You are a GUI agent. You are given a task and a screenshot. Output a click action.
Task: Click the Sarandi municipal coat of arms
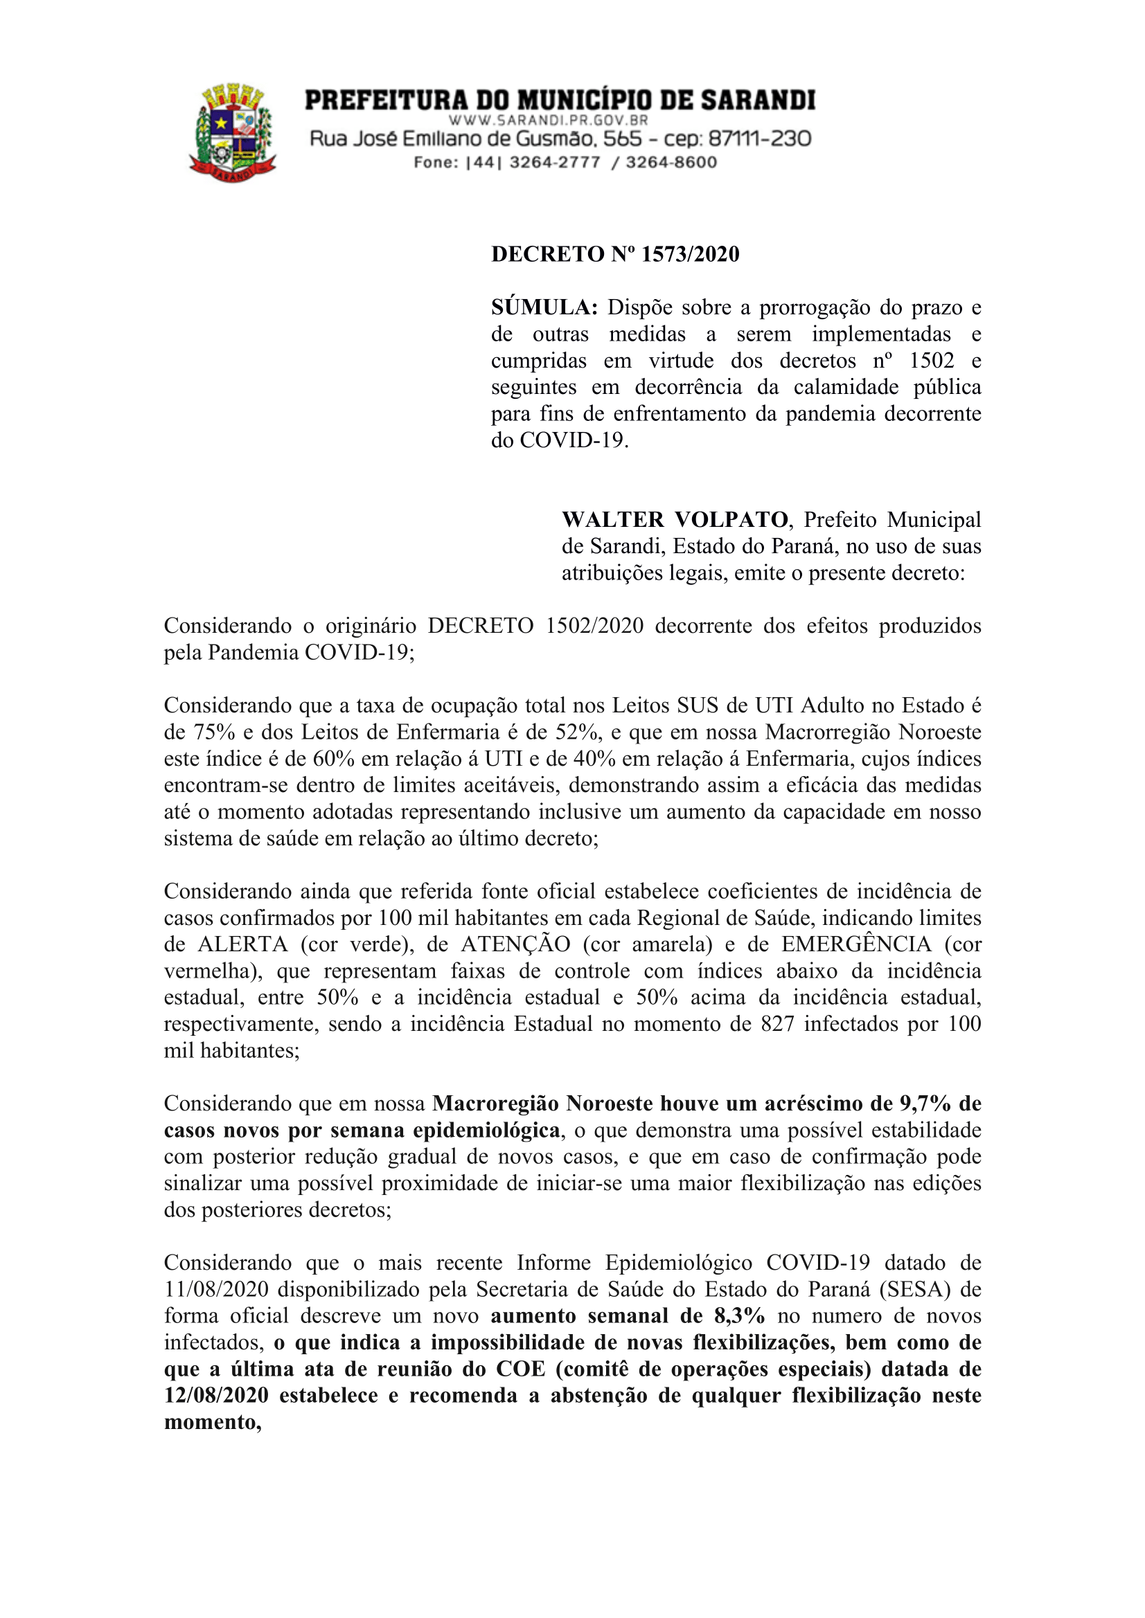[233, 132]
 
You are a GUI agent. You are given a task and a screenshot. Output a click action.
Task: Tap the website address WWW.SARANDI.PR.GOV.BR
[549, 120]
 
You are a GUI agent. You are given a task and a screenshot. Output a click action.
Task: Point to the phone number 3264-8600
[671, 163]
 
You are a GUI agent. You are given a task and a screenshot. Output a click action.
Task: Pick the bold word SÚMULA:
[544, 308]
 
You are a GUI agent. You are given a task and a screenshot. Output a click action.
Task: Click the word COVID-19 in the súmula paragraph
[574, 440]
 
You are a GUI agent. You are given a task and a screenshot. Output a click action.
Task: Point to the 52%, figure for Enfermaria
[579, 732]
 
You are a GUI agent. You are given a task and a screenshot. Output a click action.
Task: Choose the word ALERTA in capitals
[242, 944]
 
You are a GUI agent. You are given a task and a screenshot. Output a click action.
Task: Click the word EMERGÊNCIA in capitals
[857, 944]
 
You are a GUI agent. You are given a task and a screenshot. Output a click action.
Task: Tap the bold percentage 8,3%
[739, 1315]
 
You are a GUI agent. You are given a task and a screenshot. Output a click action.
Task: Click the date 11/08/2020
[216, 1290]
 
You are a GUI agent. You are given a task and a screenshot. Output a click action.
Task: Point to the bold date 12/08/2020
[216, 1395]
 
